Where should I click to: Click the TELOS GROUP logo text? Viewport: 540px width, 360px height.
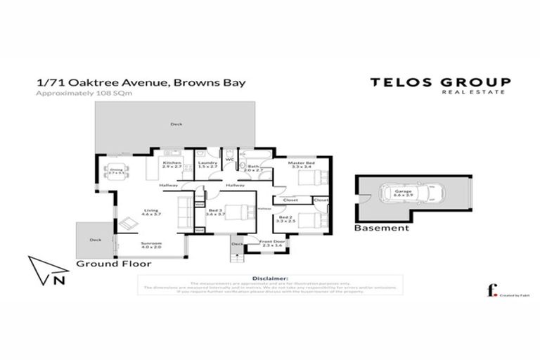[x=441, y=82]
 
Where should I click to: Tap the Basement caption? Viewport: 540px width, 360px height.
[x=381, y=229]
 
